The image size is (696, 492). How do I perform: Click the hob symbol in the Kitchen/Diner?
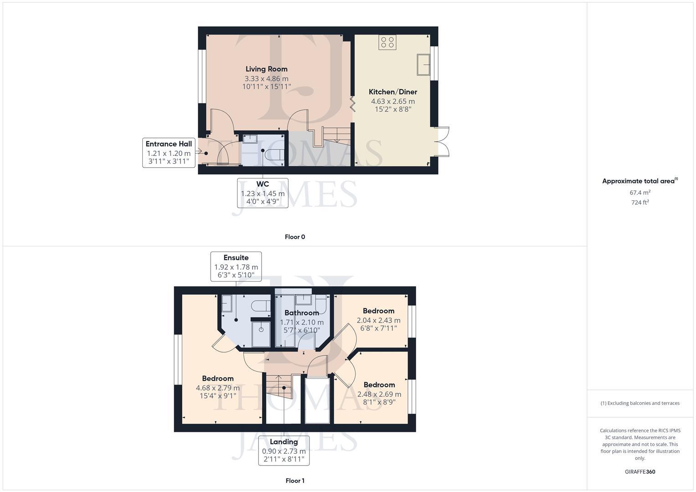tap(387, 42)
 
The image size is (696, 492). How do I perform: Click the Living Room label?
tap(267, 69)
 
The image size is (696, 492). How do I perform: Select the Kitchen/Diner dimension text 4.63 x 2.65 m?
tap(392, 101)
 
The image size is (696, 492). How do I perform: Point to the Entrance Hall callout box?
tap(169, 153)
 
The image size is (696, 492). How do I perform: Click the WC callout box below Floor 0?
tap(263, 193)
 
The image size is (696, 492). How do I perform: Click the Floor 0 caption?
tap(295, 237)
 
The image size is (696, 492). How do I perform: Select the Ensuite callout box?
tap(236, 266)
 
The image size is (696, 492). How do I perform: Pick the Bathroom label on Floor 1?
tap(301, 313)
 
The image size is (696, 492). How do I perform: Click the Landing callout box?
tap(284, 451)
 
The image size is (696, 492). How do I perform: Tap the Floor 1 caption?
tap(295, 481)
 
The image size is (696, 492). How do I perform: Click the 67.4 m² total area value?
tap(640, 193)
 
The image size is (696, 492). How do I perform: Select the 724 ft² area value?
tap(640, 203)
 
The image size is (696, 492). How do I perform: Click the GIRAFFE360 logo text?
tap(640, 471)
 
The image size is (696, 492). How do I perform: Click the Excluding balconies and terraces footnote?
tap(640, 403)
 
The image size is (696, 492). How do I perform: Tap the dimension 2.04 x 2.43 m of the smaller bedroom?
tap(378, 321)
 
